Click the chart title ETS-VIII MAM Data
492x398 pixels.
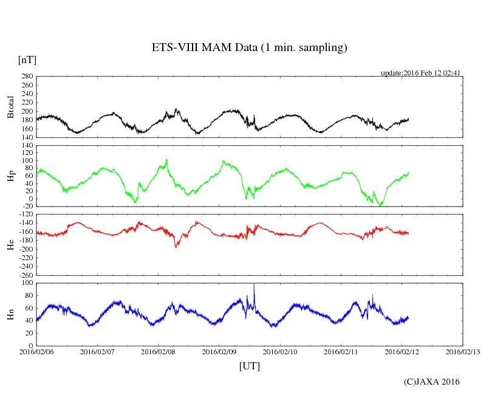[249, 48]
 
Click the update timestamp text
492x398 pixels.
[421, 73]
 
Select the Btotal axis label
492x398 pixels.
[10, 107]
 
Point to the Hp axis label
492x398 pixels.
[10, 176]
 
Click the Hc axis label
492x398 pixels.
[10, 244]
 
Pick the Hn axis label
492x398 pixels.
[10, 314]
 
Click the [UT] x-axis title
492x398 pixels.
[250, 366]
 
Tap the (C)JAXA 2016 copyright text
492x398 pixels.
[432, 382]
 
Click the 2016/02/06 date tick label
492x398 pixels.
[36, 352]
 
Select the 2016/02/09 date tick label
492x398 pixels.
[219, 352]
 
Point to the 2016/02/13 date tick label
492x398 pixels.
[463, 352]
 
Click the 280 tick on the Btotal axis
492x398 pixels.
[26, 77]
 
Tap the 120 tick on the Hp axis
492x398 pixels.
[26, 146]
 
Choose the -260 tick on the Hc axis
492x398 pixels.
[24, 275]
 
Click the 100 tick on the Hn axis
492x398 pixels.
[26, 283]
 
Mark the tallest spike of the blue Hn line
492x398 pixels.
[254, 285]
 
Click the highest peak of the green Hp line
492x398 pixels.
[166, 159]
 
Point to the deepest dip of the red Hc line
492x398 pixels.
[176, 247]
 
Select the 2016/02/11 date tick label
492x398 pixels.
[341, 352]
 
